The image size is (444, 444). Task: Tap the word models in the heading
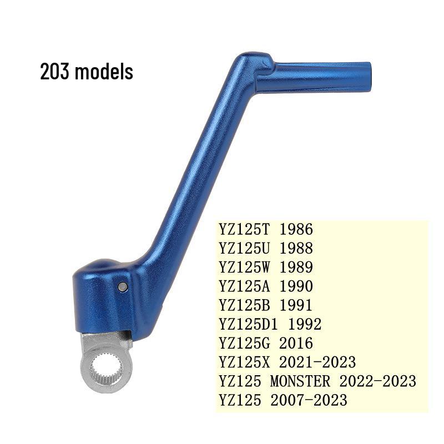pyautogui.click(x=104, y=72)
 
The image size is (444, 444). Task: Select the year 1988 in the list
pyautogui.click(x=297, y=248)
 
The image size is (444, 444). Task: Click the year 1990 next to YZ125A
pyautogui.click(x=297, y=286)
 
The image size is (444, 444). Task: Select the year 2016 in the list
pyautogui.click(x=297, y=343)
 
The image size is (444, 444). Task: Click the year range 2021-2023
pyautogui.click(x=318, y=362)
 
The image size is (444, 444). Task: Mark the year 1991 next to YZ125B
pyautogui.click(x=297, y=305)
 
